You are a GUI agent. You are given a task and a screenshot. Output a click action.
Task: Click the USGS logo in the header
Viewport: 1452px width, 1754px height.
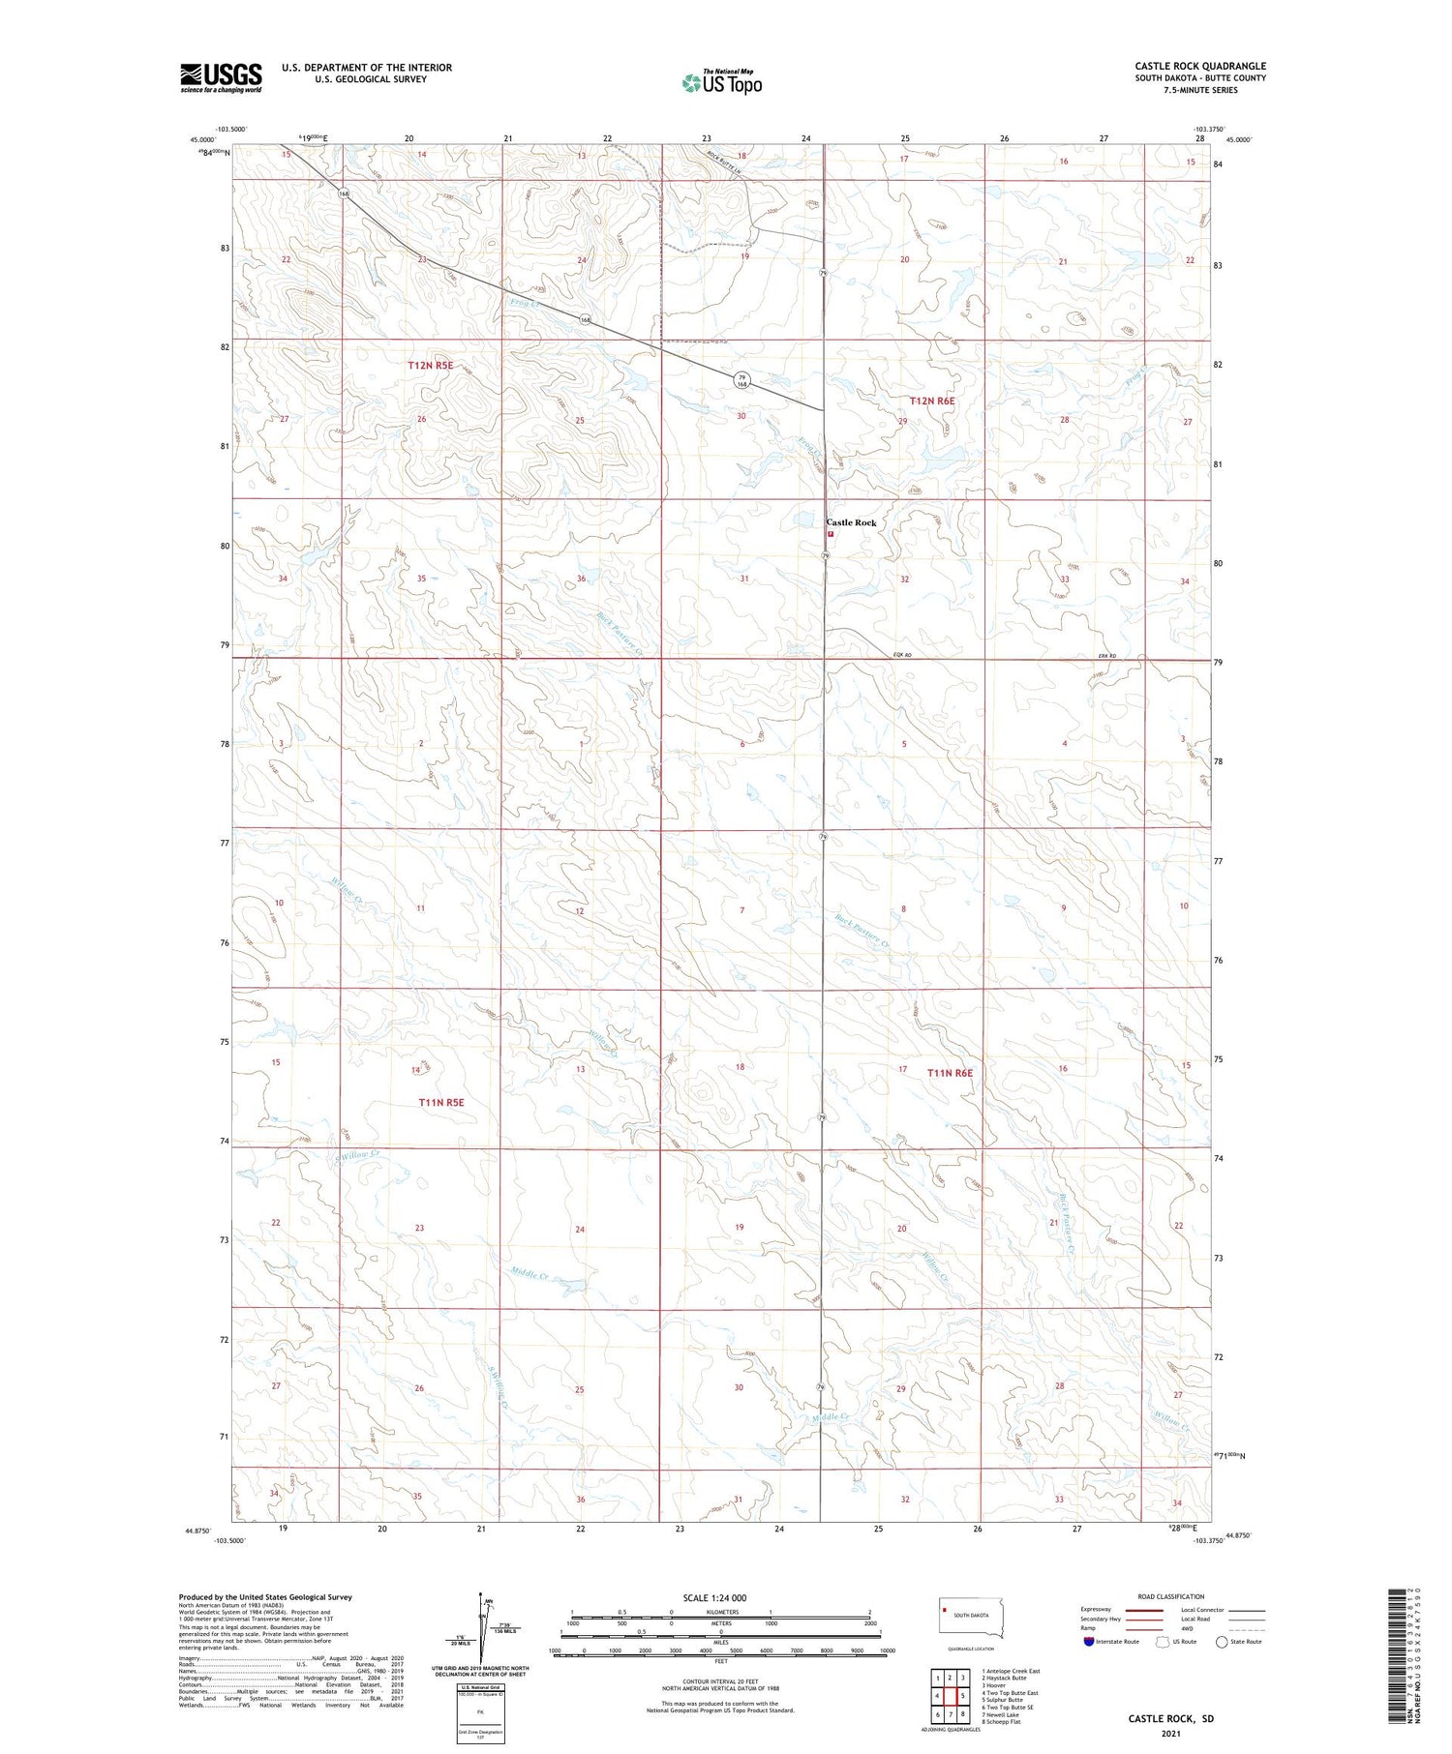(221, 77)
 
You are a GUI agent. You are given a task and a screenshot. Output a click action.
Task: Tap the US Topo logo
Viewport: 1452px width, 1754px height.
(721, 82)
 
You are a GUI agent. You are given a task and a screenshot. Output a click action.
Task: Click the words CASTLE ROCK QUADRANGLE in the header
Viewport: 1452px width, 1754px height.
(1200, 66)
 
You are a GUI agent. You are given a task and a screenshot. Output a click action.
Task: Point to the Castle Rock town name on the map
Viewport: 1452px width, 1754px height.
(851, 522)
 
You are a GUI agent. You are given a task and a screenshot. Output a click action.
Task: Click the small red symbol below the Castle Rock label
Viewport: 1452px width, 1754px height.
(831, 533)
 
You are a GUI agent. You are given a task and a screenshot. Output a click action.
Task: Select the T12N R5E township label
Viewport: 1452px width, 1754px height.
(430, 366)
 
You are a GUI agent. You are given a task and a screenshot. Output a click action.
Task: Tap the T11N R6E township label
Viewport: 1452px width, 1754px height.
(950, 1073)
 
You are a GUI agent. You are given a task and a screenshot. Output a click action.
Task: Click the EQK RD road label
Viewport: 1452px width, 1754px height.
(902, 656)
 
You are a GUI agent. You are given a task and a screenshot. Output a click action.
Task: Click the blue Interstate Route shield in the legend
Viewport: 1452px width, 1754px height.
(1089, 1642)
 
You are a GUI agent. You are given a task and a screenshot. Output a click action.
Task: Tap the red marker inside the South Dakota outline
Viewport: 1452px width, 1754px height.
(945, 1610)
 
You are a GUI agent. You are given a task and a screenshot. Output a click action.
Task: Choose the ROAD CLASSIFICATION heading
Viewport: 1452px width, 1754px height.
(1170, 1596)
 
